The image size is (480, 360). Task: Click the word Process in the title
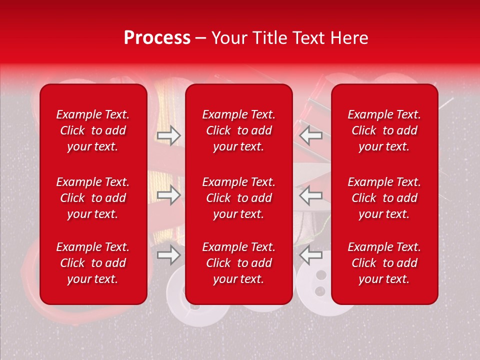(157, 38)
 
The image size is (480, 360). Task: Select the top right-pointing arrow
(168, 135)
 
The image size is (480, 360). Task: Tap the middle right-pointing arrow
(168, 195)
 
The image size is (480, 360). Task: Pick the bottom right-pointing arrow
(168, 255)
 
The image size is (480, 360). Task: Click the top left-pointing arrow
(311, 135)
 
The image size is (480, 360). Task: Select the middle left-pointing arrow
(311, 195)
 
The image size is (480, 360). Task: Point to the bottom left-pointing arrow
(311, 255)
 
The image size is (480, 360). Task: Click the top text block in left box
(93, 130)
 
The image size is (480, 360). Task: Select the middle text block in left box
(93, 198)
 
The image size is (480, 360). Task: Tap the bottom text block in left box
(93, 263)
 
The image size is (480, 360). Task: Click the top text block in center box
(239, 130)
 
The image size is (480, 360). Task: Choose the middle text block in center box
(239, 198)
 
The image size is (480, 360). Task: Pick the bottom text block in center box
(239, 263)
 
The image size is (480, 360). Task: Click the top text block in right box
(384, 130)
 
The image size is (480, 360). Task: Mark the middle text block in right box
(384, 198)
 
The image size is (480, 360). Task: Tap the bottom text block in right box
(384, 263)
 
